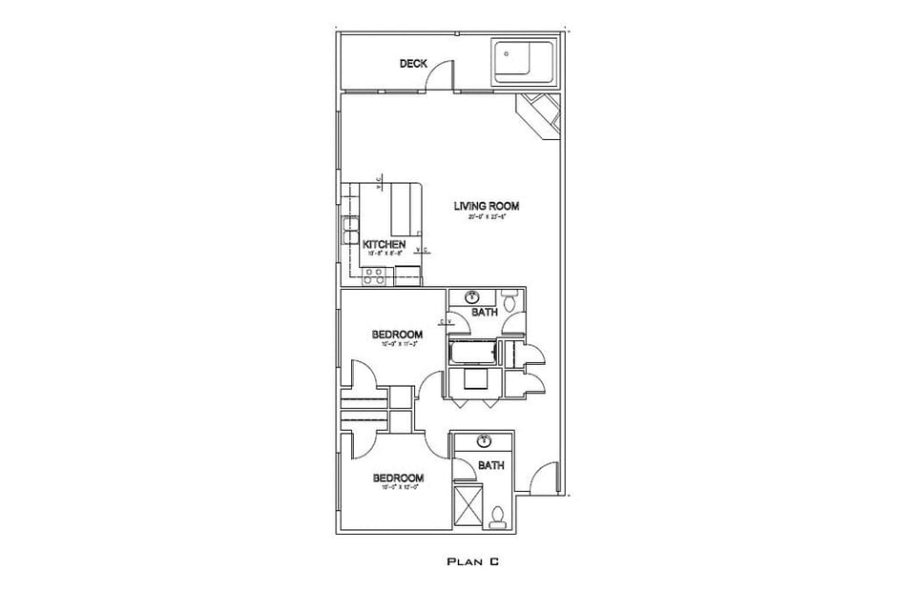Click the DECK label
(413, 64)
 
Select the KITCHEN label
(385, 245)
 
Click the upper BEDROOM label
(397, 334)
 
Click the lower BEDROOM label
(397, 478)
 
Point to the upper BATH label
(485, 313)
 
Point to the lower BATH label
(490, 466)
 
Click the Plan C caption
(473, 562)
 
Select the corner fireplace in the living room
(539, 116)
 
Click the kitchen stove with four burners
(375, 276)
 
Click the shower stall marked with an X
(468, 505)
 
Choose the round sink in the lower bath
(485, 440)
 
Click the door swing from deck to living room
(439, 74)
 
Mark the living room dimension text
(486, 217)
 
